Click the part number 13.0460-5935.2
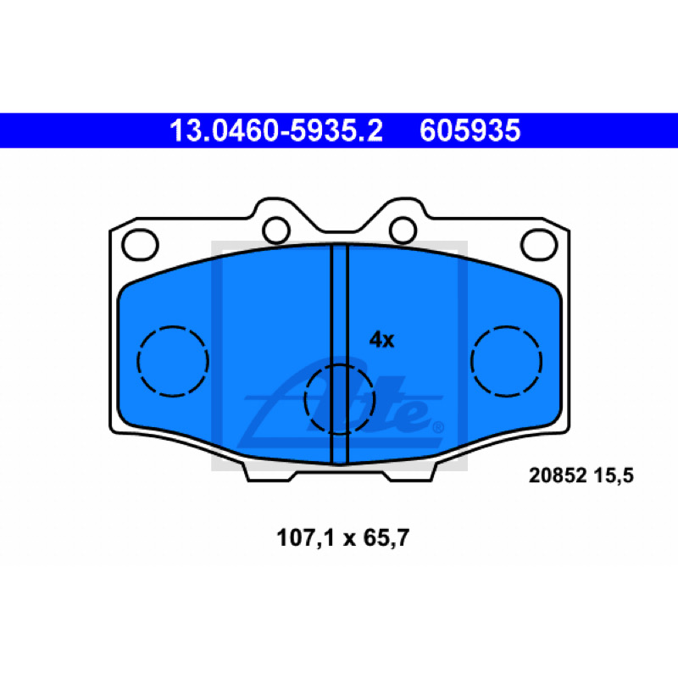pos(276,131)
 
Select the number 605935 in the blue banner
pos(470,131)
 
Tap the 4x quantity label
pos(381,340)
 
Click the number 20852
pos(558,475)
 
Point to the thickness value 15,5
pos(614,475)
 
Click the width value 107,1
pos(306,538)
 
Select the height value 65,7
pos(386,538)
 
